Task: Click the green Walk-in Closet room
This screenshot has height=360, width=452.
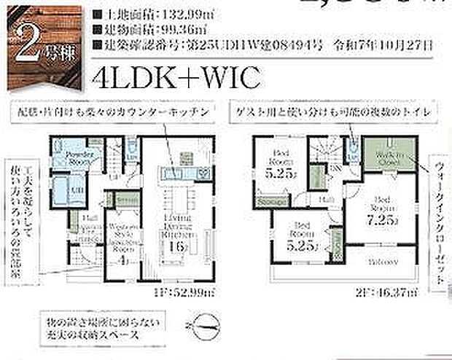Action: [x=387, y=155]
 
